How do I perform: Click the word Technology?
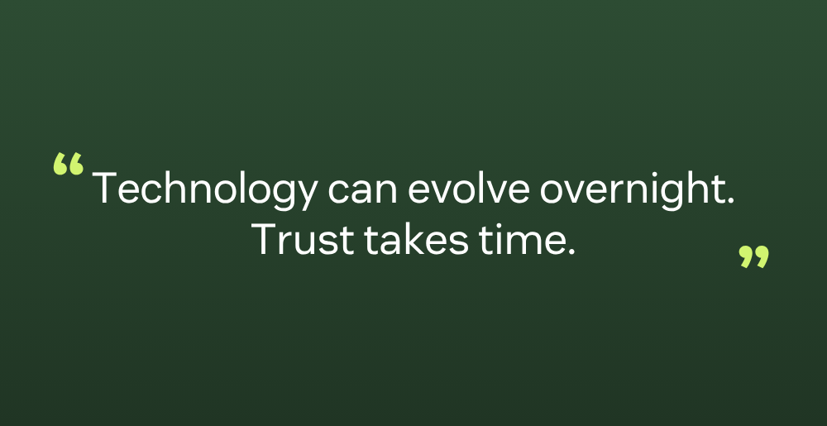pos(205,189)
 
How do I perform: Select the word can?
pos(362,193)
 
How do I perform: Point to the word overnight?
pos(632,189)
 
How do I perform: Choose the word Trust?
pos(302,239)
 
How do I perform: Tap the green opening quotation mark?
pos(68,164)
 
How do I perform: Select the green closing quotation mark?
pos(753,256)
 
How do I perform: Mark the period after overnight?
pos(730,201)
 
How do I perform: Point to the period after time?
pos(570,252)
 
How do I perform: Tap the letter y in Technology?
pos(307,196)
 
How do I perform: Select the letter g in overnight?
pos(665,196)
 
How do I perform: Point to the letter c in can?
pos(337,193)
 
